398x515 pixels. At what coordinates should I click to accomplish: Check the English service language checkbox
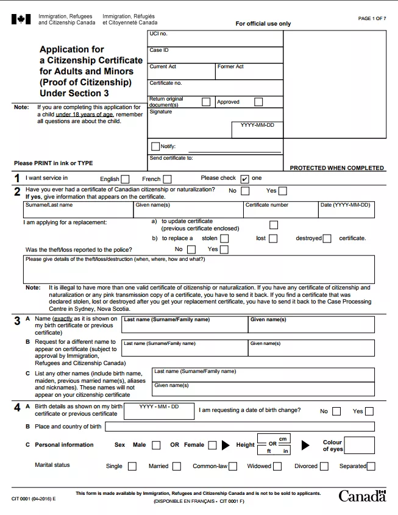(x=125, y=179)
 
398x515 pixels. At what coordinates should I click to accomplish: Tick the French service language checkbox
(x=167, y=179)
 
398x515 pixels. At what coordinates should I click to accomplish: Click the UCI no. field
(x=215, y=38)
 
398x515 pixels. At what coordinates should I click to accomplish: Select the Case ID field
(x=215, y=55)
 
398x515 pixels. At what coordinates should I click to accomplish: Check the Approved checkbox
(x=258, y=102)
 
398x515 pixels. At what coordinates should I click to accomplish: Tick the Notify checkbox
(x=155, y=146)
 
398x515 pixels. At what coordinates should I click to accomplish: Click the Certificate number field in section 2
(x=280, y=210)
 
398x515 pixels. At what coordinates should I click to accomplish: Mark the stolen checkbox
(x=224, y=238)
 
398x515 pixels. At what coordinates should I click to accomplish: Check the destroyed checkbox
(x=327, y=238)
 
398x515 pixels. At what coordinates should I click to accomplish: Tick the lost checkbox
(x=273, y=238)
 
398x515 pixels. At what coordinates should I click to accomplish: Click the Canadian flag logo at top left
(x=21, y=20)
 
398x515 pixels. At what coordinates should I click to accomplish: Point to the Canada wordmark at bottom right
(x=362, y=495)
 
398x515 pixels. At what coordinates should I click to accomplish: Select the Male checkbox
(x=156, y=445)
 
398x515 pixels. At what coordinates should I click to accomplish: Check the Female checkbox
(x=212, y=445)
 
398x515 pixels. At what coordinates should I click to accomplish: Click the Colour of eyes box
(x=359, y=445)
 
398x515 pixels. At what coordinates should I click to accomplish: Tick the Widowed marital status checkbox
(x=277, y=466)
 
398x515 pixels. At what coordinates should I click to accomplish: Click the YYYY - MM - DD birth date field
(x=158, y=411)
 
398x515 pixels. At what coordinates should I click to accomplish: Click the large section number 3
(x=17, y=321)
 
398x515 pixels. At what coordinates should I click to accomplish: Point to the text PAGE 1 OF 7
(x=372, y=19)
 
